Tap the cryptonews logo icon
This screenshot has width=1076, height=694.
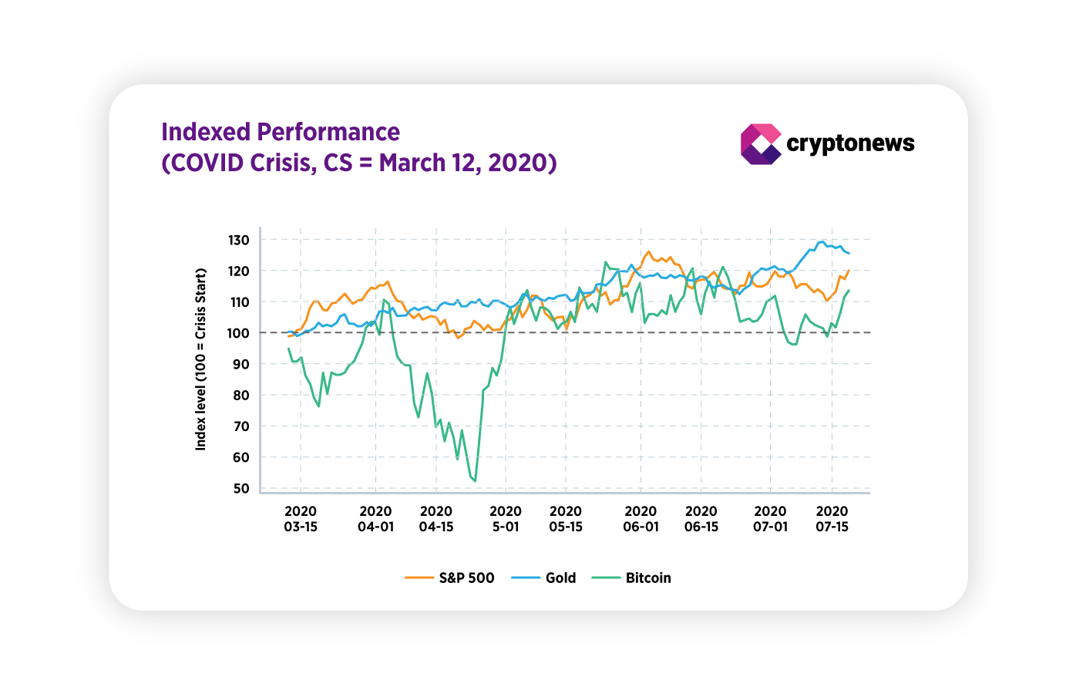point(760,144)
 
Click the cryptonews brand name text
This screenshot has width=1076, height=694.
point(850,143)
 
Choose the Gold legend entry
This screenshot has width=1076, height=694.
point(544,578)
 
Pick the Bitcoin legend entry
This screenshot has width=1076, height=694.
point(632,578)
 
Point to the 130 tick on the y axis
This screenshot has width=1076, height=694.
point(239,241)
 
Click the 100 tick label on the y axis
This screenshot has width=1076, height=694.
point(239,333)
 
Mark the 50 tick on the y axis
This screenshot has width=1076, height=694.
point(241,488)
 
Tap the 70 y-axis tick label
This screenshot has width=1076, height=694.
point(241,426)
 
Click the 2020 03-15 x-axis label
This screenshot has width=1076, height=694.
point(301,519)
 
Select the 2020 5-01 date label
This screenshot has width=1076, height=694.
point(506,519)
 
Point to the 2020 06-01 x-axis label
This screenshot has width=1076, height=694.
point(641,519)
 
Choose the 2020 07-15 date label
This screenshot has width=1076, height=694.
point(832,519)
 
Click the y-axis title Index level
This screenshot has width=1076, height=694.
point(201,359)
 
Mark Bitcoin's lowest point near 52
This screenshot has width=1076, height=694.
point(475,481)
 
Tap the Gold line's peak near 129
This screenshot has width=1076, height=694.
point(822,241)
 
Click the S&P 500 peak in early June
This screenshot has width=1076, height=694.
point(648,251)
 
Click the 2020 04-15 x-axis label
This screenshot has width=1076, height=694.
point(436,519)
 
